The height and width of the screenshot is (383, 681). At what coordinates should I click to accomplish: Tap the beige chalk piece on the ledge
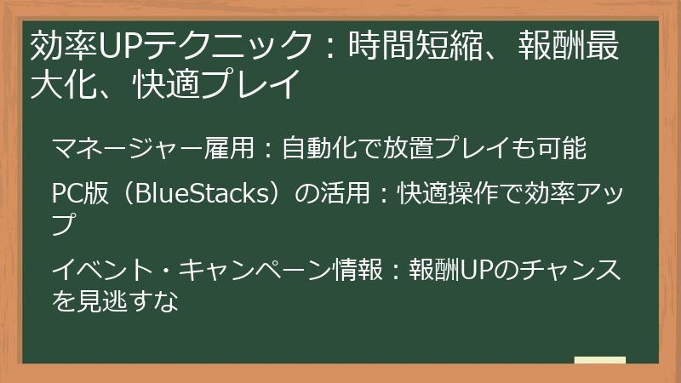pyautogui.click(x=599, y=360)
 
